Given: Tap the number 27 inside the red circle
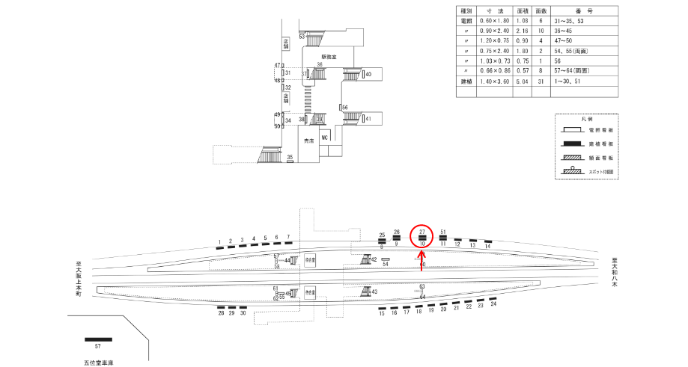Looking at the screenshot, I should click(x=422, y=232).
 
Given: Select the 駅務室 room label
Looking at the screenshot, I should click(x=329, y=57).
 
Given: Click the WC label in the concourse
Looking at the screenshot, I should click(x=325, y=138).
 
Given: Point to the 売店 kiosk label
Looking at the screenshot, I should click(x=308, y=141).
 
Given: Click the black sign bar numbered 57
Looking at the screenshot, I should click(x=97, y=339).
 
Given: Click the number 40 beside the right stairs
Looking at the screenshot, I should click(x=369, y=75).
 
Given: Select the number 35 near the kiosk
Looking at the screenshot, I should click(x=290, y=157).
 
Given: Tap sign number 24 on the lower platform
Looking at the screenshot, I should click(x=493, y=304).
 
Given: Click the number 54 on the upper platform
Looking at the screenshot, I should click(x=386, y=264).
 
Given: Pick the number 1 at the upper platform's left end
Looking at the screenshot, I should click(x=219, y=241).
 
